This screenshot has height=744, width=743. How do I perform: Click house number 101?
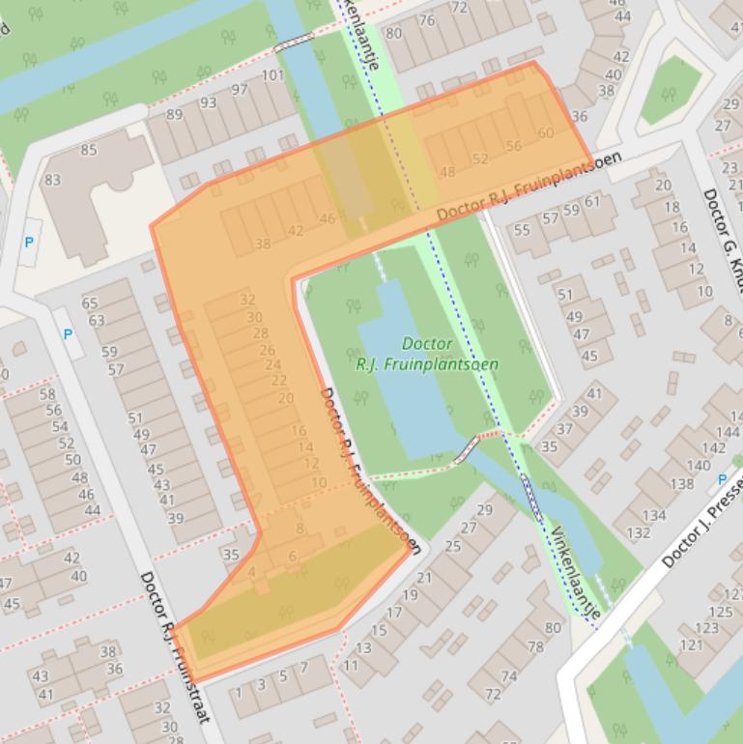(272, 75)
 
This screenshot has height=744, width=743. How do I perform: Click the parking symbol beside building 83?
(29, 242)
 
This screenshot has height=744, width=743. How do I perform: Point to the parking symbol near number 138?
(722, 479)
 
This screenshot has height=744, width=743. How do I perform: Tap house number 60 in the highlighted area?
(545, 133)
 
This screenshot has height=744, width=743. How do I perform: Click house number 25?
(452, 546)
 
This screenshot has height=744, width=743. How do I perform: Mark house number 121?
(691, 644)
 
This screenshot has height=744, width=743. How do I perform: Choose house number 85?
(89, 150)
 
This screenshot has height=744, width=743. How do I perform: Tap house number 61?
(591, 201)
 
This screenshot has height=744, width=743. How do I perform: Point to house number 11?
(350, 665)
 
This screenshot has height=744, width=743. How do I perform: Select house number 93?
(208, 102)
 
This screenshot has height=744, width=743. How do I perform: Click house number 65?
(90, 303)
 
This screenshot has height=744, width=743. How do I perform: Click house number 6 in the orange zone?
(292, 557)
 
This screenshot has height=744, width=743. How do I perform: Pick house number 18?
(671, 207)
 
